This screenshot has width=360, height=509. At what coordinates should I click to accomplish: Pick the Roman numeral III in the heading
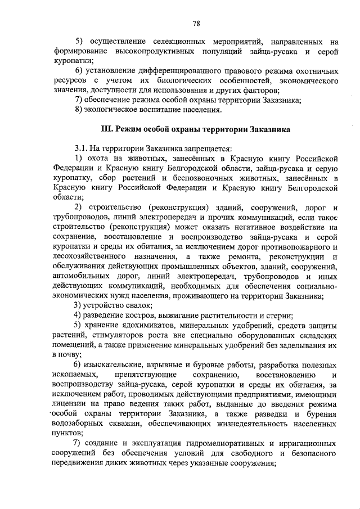click(x=106, y=130)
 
